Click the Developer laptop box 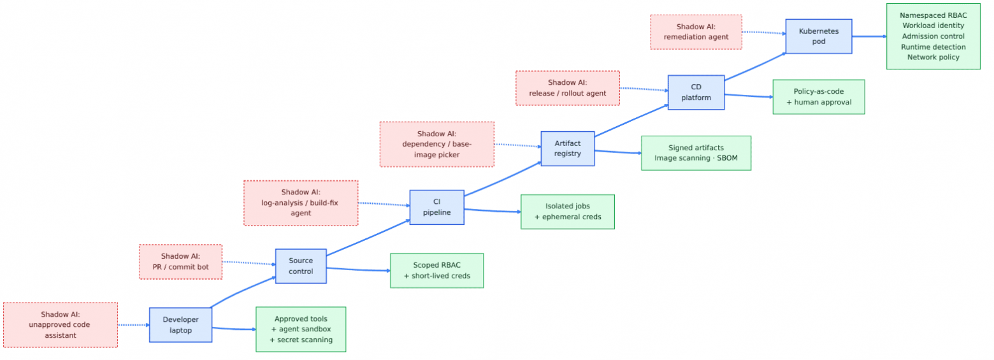click(180, 325)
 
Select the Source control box click(301, 266)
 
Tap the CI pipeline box click(436, 207)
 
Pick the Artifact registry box click(568, 148)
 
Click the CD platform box click(696, 92)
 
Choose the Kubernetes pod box click(819, 36)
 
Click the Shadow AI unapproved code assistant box click(61, 325)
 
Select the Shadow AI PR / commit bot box click(180, 262)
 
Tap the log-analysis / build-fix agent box click(301, 203)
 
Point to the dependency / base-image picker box click(436, 144)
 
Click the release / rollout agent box click(568, 88)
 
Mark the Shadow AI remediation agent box click(696, 32)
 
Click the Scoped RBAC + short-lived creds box click(436, 270)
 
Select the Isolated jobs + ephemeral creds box click(568, 212)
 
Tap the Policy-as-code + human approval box click(819, 97)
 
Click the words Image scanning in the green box click(682, 158)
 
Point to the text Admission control click(933, 36)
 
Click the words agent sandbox click(305, 329)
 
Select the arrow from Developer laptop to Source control click(242, 291)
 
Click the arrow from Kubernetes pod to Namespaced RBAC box click(869, 36)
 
